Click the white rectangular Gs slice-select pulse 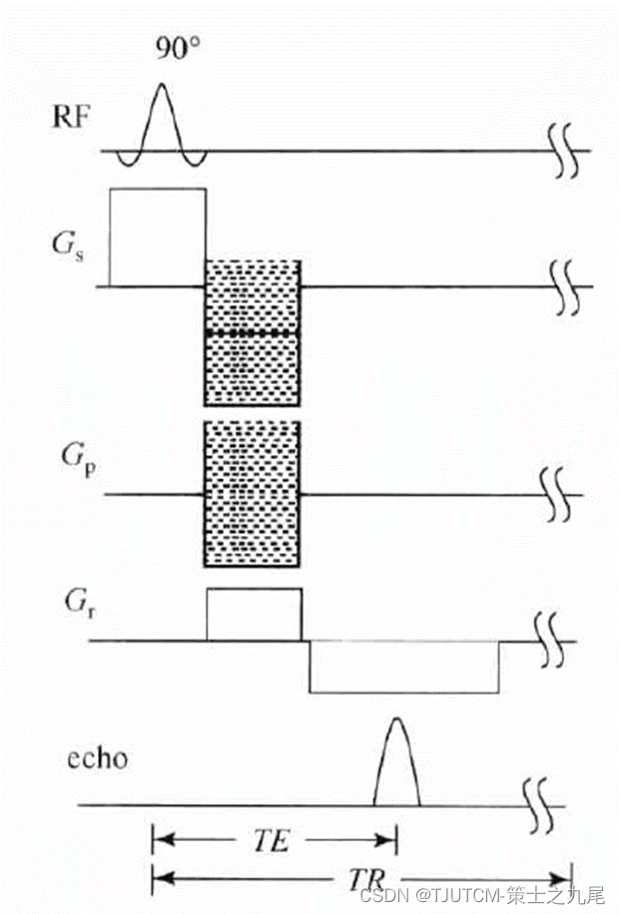pos(157,236)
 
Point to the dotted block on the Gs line pos(253,330)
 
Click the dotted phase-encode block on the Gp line pos(253,494)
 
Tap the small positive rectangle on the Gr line pos(253,615)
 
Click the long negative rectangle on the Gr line pos(403,667)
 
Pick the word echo pos(98,758)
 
